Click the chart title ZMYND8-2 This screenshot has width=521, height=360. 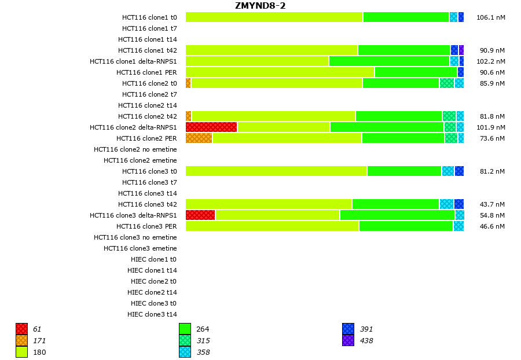[x=260, y=6]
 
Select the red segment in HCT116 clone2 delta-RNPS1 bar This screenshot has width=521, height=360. [x=211, y=127]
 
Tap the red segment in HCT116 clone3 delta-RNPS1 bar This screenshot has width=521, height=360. [x=200, y=215]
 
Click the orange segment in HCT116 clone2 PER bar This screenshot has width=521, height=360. [x=199, y=138]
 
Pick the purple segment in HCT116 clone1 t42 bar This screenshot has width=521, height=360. [x=461, y=50]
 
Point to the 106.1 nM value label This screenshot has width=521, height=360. [x=490, y=17]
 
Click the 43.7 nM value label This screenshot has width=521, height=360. [x=492, y=204]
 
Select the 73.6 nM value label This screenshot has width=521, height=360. [x=492, y=138]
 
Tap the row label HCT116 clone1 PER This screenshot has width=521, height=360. [x=146, y=72]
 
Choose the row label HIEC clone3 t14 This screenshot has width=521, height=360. [x=152, y=314]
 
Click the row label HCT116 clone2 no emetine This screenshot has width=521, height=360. [x=135, y=149]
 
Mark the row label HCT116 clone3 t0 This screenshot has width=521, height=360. [x=149, y=171]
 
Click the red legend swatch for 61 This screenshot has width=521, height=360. [x=21, y=329]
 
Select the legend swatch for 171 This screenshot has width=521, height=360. [x=21, y=340]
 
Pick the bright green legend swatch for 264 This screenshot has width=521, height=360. [x=185, y=329]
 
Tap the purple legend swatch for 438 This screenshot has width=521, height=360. [x=348, y=340]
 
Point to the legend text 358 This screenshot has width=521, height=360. [x=203, y=352]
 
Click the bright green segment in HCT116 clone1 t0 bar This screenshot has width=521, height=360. [x=406, y=17]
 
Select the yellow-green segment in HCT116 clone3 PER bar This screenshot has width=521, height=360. [x=272, y=226]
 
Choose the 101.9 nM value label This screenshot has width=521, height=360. [x=490, y=127]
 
